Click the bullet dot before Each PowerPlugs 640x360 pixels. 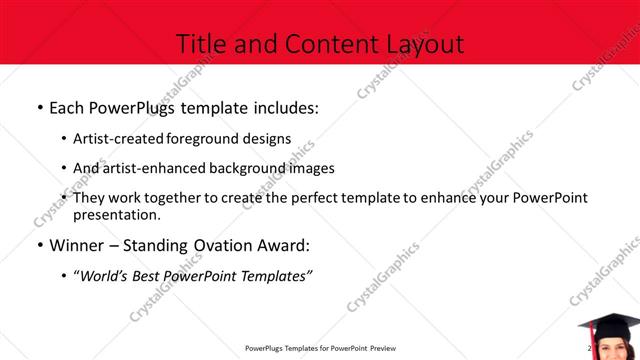(39, 106)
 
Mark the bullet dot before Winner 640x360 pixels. (39, 246)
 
